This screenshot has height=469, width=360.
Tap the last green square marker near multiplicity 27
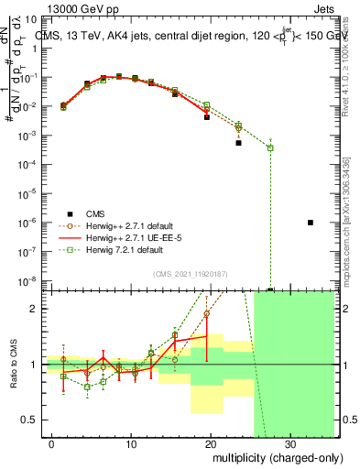point(270,147)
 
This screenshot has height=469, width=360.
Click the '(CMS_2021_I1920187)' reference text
point(191,273)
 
